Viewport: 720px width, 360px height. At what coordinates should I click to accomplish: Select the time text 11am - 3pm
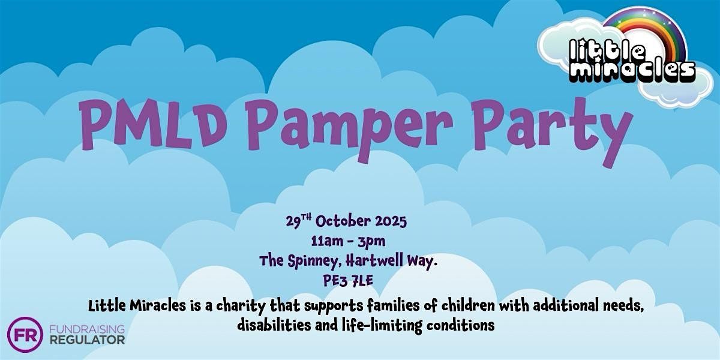click(348, 241)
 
